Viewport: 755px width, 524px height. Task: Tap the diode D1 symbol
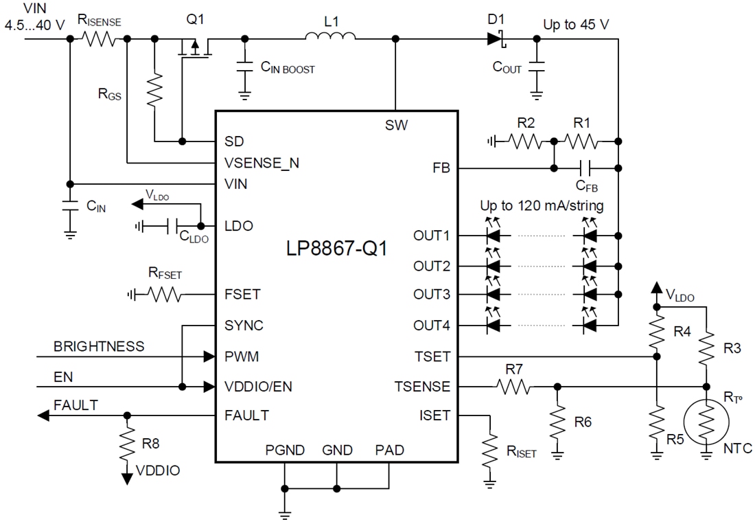tap(496, 38)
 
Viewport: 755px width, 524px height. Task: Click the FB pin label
tap(442, 167)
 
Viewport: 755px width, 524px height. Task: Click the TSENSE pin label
tap(421, 387)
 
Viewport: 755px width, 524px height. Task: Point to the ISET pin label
tap(434, 415)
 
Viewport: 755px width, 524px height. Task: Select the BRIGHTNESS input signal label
tap(100, 346)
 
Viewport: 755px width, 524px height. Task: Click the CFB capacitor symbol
tap(585, 167)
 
